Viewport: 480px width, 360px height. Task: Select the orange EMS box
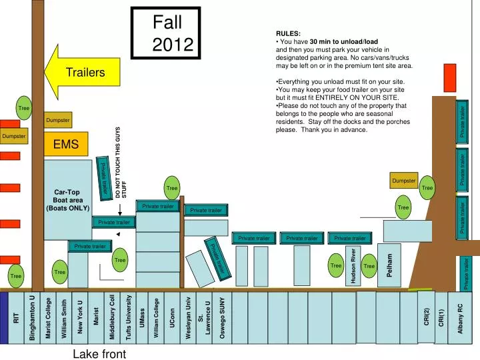click(66, 144)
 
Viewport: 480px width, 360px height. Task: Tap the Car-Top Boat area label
click(67, 200)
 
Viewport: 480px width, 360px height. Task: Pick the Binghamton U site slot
click(32, 318)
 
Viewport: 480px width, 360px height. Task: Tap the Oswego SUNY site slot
click(223, 318)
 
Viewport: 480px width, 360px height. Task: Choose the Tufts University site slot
click(129, 318)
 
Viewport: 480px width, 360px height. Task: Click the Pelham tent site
click(389, 265)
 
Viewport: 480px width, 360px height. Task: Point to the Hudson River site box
click(353, 266)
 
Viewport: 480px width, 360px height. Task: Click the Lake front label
click(99, 353)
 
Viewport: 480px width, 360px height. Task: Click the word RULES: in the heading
click(288, 33)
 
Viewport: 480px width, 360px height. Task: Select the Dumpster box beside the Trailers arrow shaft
click(57, 120)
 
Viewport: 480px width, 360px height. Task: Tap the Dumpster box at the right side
click(404, 180)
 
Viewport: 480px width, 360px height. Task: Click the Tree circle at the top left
click(24, 108)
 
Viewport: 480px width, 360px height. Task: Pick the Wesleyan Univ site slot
click(189, 318)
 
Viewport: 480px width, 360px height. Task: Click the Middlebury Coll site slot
click(112, 318)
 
